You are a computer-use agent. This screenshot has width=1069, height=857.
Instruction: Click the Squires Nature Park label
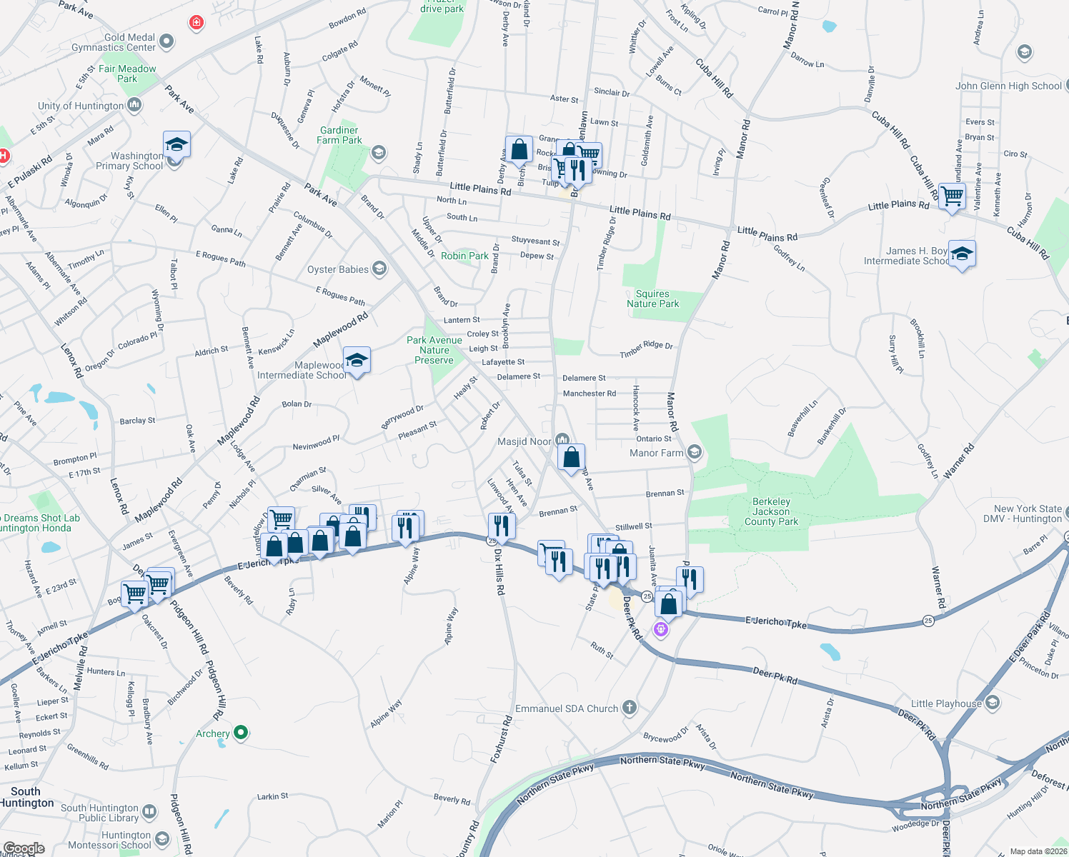pyautogui.click(x=652, y=299)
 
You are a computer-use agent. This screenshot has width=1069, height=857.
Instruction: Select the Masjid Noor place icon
pyautogui.click(x=562, y=441)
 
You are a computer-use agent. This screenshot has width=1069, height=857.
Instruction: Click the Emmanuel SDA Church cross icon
pyautogui.click(x=629, y=708)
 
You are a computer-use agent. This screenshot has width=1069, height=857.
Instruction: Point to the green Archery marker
pyautogui.click(x=241, y=732)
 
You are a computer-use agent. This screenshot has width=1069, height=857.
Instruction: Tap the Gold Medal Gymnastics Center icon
pyautogui.click(x=166, y=41)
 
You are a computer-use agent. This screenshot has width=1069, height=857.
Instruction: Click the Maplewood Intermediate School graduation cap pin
pyautogui.click(x=356, y=359)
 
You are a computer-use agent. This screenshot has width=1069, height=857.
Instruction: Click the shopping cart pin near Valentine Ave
pyautogui.click(x=952, y=195)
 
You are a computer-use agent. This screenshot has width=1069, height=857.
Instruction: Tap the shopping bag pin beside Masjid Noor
pyautogui.click(x=571, y=457)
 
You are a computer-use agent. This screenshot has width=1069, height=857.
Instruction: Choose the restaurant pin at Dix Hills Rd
pyautogui.click(x=502, y=526)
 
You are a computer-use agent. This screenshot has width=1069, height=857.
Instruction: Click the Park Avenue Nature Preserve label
pyautogui.click(x=434, y=350)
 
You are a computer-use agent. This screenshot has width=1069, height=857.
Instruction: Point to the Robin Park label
pyautogui.click(x=464, y=256)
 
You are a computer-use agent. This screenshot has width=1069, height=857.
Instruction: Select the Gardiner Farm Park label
pyautogui.click(x=339, y=135)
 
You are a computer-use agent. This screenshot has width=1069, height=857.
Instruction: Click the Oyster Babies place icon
pyautogui.click(x=379, y=269)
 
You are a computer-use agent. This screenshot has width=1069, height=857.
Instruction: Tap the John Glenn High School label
pyautogui.click(x=1008, y=86)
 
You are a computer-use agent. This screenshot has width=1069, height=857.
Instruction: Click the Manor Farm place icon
pyautogui.click(x=694, y=452)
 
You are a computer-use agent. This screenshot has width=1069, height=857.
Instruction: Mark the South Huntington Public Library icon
pyautogui.click(x=149, y=811)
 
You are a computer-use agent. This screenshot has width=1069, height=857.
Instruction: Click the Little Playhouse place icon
pyautogui.click(x=992, y=703)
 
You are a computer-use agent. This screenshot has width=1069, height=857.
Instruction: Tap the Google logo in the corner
pyautogui.click(x=24, y=848)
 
